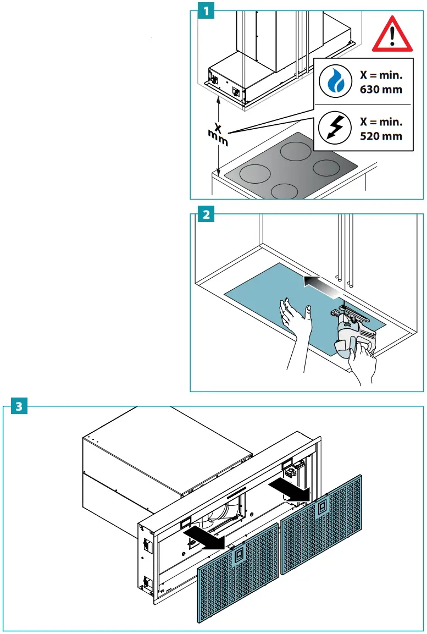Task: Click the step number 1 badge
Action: pyautogui.click(x=206, y=10)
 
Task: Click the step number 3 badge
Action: pyautogui.click(x=19, y=407)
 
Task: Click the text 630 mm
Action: pyautogui.click(x=381, y=89)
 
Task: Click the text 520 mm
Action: pyautogui.click(x=381, y=136)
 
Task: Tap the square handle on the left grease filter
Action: pyautogui.click(x=239, y=557)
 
